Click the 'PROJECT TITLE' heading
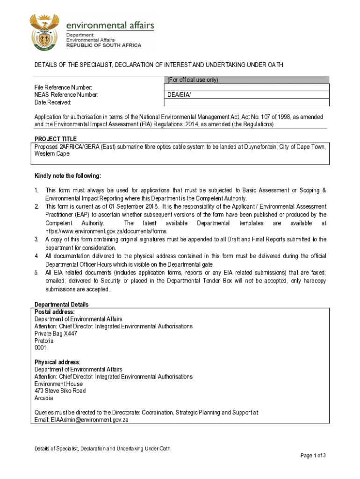coord(56,139)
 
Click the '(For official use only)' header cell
coord(193,80)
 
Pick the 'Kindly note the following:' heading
coord(68,176)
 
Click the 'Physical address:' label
coord(58,362)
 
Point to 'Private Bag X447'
coord(56,334)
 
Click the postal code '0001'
coord(41,348)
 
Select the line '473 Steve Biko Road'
coord(60,391)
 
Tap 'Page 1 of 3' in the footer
coord(313,456)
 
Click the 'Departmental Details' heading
coord(62,305)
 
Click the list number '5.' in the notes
coord(36,273)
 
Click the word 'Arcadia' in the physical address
coord(44,398)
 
